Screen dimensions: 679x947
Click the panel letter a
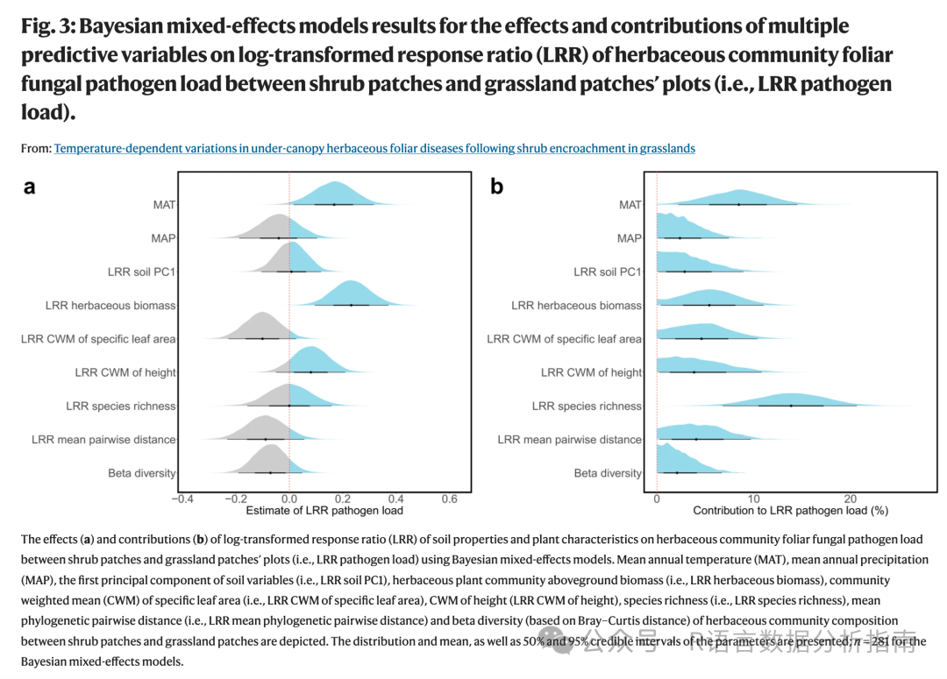29,187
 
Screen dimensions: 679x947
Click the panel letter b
497,187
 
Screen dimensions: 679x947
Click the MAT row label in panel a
164,205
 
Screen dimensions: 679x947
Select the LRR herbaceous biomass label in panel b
576,306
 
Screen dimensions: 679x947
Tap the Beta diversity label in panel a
141,473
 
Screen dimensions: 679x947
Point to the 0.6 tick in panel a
449,499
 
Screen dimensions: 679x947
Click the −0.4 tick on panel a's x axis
182,499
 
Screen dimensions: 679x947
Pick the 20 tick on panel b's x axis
851,499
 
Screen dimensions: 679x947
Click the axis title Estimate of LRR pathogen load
324,511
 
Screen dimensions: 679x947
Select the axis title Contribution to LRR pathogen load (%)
790,511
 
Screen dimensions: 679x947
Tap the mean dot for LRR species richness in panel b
791,406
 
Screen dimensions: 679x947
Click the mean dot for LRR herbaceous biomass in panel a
351,305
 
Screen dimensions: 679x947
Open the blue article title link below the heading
374,148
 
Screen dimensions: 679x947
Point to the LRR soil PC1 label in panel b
608,272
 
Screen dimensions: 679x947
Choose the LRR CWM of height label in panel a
125,372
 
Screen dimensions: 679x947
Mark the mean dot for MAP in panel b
680,237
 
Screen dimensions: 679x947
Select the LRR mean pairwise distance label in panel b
569,440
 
